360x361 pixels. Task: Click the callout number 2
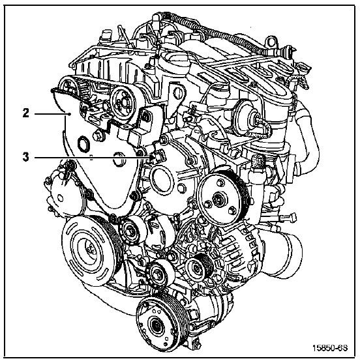(26, 113)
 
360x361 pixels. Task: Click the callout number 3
(26, 158)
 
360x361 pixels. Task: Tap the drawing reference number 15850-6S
(330, 348)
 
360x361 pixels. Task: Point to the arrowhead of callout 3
(151, 158)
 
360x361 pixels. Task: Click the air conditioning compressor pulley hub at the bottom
(157, 326)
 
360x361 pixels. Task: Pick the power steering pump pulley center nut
(218, 198)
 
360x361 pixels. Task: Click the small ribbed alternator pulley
(199, 267)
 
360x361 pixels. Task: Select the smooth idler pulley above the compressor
(160, 274)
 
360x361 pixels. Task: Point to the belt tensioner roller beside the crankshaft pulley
(130, 230)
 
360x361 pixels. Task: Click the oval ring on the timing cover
(82, 144)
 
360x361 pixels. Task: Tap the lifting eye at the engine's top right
(271, 42)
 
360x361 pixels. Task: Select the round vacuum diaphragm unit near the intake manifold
(247, 115)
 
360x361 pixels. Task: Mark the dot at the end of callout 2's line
(69, 114)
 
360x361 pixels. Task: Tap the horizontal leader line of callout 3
(93, 158)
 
